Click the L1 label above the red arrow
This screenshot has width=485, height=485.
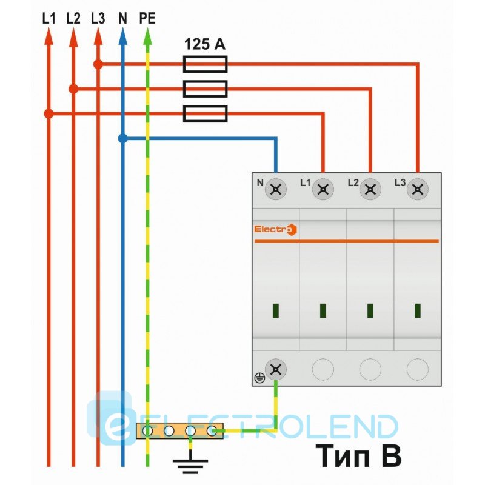click(49, 18)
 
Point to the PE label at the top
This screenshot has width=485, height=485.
click(147, 18)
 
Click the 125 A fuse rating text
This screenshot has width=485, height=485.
click(205, 44)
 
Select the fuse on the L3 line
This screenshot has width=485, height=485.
click(205, 64)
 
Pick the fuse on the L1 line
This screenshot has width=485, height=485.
click(205, 113)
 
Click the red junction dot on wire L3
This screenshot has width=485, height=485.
click(98, 64)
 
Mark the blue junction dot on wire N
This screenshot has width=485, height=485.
click(122, 139)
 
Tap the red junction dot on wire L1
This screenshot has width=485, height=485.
click(49, 113)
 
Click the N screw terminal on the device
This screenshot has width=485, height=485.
click(276, 190)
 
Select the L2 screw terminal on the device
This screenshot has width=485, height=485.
click(370, 190)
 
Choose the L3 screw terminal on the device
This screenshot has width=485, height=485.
click(417, 190)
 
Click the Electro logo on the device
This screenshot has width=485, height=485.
click(275, 229)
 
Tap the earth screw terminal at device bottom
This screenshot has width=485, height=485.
click(276, 369)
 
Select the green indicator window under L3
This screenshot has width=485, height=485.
click(417, 311)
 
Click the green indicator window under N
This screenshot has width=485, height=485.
click(276, 311)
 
